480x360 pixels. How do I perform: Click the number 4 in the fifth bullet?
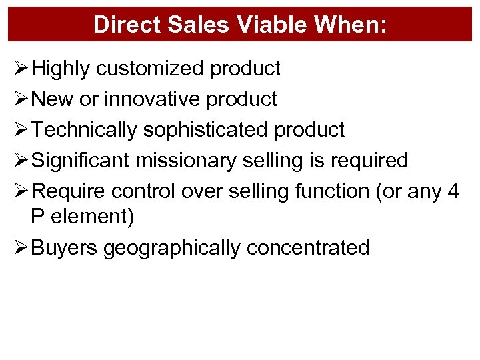coord(453,191)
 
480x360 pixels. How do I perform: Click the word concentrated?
coord(307,247)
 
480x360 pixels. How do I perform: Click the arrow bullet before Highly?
coord(20,68)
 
